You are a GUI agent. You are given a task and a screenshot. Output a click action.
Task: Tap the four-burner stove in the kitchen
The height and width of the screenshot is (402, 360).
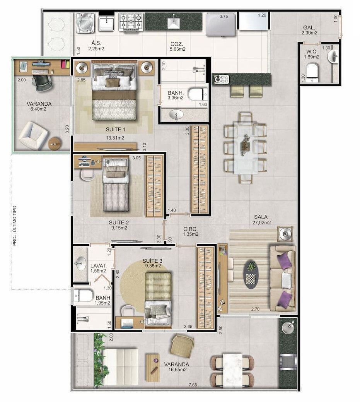[x=131, y=22]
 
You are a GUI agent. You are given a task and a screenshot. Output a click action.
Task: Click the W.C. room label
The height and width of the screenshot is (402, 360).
[x=312, y=51]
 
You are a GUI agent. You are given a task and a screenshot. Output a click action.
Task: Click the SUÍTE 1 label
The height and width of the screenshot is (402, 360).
[x=115, y=129]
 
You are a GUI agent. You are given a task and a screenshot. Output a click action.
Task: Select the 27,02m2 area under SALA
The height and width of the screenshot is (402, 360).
[x=261, y=223]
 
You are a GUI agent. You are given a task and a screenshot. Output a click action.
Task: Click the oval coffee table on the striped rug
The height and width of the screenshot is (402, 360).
[x=251, y=275]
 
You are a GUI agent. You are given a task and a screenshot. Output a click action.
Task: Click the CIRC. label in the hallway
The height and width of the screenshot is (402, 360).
[x=190, y=229]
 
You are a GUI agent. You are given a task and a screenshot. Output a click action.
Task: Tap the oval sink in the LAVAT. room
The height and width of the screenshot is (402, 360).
[x=80, y=263]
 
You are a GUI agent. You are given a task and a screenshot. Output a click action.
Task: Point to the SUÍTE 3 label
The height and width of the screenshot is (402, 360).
[x=152, y=261]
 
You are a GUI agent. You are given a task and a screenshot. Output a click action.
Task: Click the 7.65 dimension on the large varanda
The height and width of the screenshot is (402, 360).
[x=193, y=385]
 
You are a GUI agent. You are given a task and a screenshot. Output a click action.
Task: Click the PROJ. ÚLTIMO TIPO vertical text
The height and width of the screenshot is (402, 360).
[x=15, y=226]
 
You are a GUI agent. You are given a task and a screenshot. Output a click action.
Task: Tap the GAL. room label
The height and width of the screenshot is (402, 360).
[x=309, y=27]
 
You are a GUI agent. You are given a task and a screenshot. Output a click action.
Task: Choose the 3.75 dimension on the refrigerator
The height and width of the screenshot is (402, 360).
[x=224, y=16]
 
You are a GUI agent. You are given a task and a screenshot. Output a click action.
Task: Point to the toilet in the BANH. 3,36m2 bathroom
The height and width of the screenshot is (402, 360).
[x=198, y=94]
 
